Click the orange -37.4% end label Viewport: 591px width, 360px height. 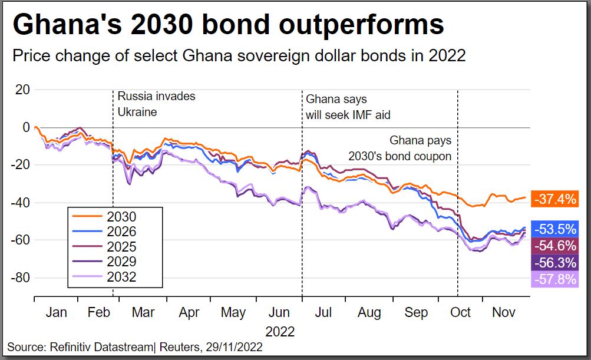click(x=554, y=199)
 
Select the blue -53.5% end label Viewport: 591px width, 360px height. click(x=554, y=229)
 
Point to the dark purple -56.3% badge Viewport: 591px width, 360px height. click(x=554, y=262)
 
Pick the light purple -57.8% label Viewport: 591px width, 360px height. click(x=554, y=279)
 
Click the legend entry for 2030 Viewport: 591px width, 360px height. click(x=109, y=217)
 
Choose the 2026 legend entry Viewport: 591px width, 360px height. click(x=109, y=232)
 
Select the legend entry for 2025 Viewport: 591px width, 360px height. click(x=109, y=247)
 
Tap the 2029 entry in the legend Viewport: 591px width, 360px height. click(x=109, y=262)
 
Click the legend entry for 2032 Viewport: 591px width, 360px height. click(x=109, y=277)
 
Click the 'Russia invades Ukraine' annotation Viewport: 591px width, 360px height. click(x=156, y=103)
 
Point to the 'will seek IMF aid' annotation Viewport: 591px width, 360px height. click(x=348, y=114)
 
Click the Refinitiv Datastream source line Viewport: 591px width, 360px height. click(x=135, y=348)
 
